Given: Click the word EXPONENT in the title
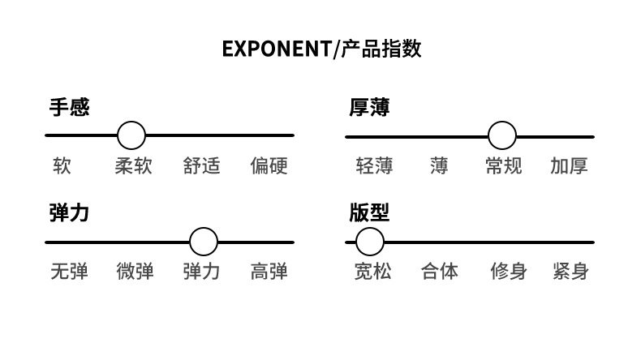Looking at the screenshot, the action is pos(277,49).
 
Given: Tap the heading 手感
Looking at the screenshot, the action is pos(69,108).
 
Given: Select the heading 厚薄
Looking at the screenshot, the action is pos(369,108).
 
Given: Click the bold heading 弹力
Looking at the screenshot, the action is pos(69,213).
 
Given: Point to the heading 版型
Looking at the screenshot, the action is pos(369,213).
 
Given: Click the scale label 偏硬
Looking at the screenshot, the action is pos(269,166).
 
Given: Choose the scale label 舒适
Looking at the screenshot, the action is pos(201,166).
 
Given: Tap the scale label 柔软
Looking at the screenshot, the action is pos(133,166).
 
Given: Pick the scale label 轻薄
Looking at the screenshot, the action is pos(375,166).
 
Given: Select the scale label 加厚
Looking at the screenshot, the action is pos(569,166).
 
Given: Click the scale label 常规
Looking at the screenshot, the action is pos(504,166).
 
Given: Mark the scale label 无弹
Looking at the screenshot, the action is pos(69,272).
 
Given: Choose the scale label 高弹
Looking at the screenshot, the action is pos(269,272).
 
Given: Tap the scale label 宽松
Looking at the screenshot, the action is pos(372,272).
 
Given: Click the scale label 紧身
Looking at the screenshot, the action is pos(570,272).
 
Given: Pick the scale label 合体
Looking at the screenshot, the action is pos(440,272).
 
